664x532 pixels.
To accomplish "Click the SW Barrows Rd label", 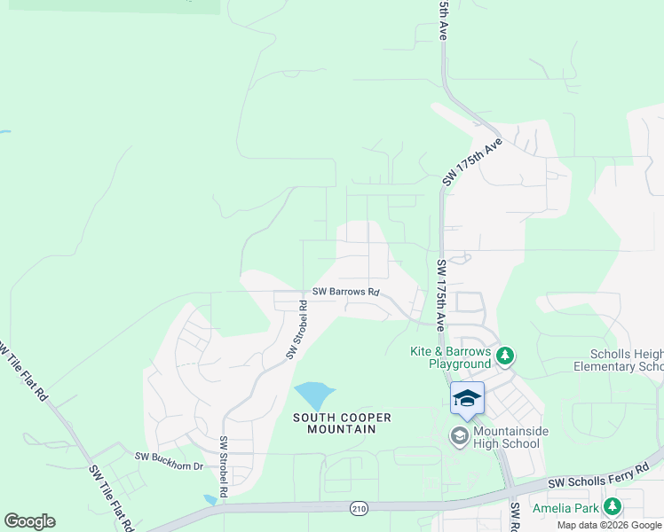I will [346, 292].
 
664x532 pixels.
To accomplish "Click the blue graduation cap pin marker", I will [467, 400].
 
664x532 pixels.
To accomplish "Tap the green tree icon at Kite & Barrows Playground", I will [505, 356].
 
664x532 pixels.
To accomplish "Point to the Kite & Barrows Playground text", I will [450, 357].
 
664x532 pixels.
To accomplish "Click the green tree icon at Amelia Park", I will [612, 506].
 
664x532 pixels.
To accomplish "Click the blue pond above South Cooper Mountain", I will [313, 395].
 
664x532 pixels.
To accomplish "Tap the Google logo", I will [29, 521].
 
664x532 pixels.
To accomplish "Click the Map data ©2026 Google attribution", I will [609, 525].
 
